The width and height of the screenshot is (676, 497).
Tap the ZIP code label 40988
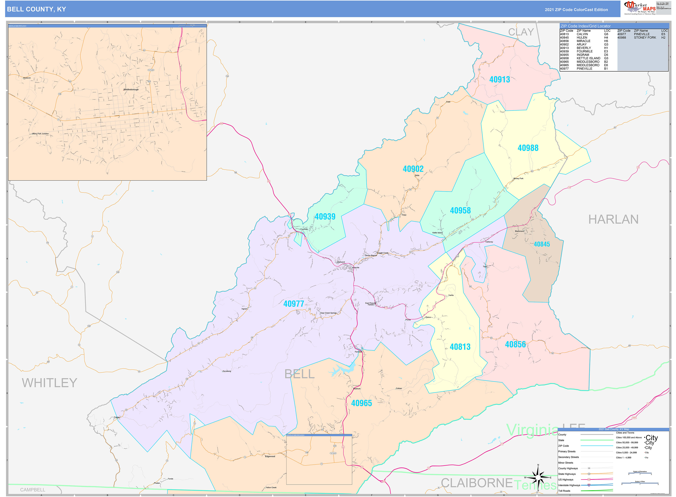(x=528, y=148)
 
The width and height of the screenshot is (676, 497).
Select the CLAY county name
(x=521, y=32)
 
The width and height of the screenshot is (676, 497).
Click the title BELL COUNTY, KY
(x=36, y=9)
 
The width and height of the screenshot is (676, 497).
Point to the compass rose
(x=538, y=478)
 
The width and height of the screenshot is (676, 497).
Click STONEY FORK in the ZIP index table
(x=645, y=38)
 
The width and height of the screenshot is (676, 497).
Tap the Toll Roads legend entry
(x=564, y=491)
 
